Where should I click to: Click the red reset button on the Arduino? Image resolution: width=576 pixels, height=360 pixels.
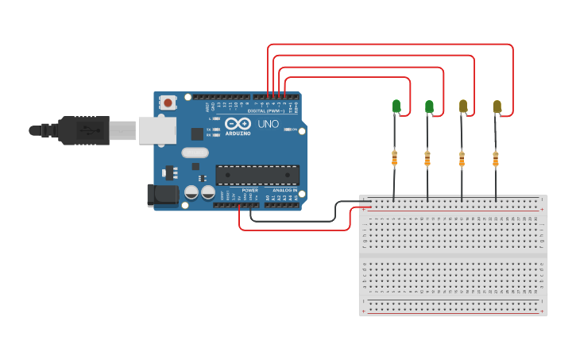[x=168, y=102]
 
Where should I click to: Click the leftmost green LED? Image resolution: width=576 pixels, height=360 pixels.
[x=396, y=106]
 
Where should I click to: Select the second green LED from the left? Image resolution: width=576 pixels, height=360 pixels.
[x=429, y=106]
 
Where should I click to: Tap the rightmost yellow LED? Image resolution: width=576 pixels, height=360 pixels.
[x=497, y=106]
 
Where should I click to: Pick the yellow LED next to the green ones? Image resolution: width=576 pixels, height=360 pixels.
[x=463, y=106]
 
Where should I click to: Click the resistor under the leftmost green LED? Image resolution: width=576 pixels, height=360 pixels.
[x=394, y=159]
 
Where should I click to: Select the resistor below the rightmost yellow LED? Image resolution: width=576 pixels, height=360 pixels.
[x=496, y=159]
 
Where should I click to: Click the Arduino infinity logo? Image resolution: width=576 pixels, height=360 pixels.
[x=237, y=124]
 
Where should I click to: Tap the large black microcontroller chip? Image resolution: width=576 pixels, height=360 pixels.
[x=257, y=175]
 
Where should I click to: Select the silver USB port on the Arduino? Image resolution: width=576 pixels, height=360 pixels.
[x=157, y=130]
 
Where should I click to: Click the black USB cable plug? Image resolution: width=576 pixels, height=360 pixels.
[x=83, y=130]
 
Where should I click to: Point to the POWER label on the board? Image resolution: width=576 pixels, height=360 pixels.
[x=249, y=191]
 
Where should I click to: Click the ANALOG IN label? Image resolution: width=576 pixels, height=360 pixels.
[x=284, y=191]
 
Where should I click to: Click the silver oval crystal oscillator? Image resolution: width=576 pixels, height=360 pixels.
[x=195, y=153]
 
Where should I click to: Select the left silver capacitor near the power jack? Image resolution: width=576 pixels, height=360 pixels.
[x=191, y=192]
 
